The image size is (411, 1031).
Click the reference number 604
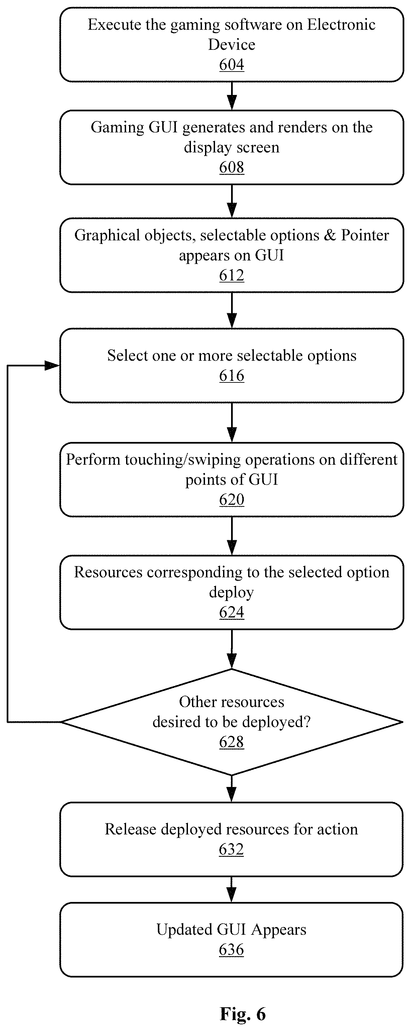231,65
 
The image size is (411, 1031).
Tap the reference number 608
231,167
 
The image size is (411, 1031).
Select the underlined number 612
231,275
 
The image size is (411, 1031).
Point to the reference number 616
231,376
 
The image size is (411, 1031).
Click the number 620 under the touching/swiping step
231,500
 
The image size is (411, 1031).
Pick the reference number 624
231,612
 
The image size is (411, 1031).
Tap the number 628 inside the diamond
231,742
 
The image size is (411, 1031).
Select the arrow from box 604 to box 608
232,96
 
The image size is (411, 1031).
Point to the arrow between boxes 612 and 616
232,310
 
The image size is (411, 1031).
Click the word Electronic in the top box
341,25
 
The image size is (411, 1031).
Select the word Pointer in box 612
365,235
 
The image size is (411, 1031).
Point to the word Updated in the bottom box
184,930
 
